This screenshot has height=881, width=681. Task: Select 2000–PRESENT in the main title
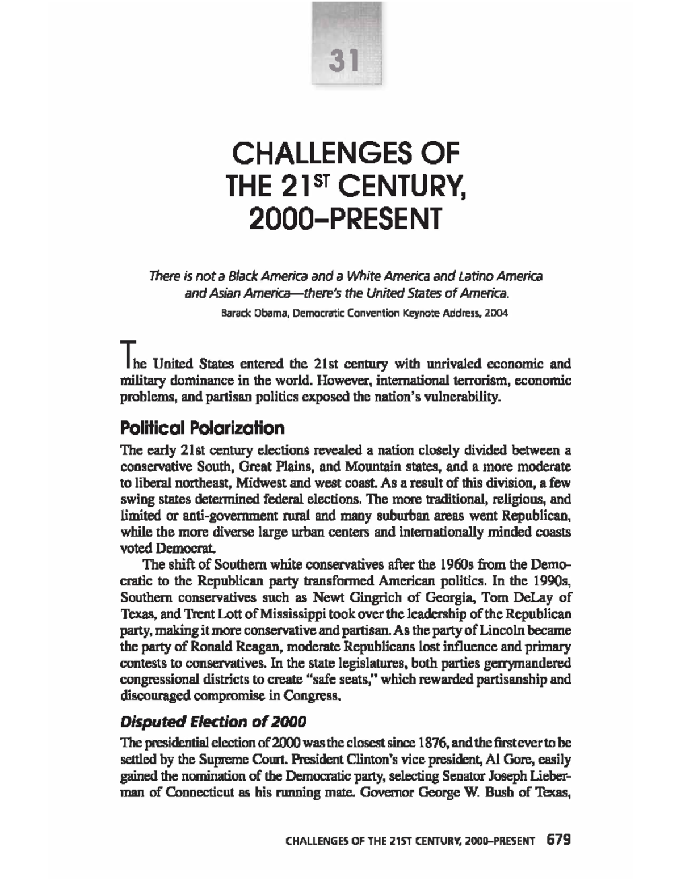point(345,219)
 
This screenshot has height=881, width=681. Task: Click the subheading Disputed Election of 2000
point(213,722)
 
